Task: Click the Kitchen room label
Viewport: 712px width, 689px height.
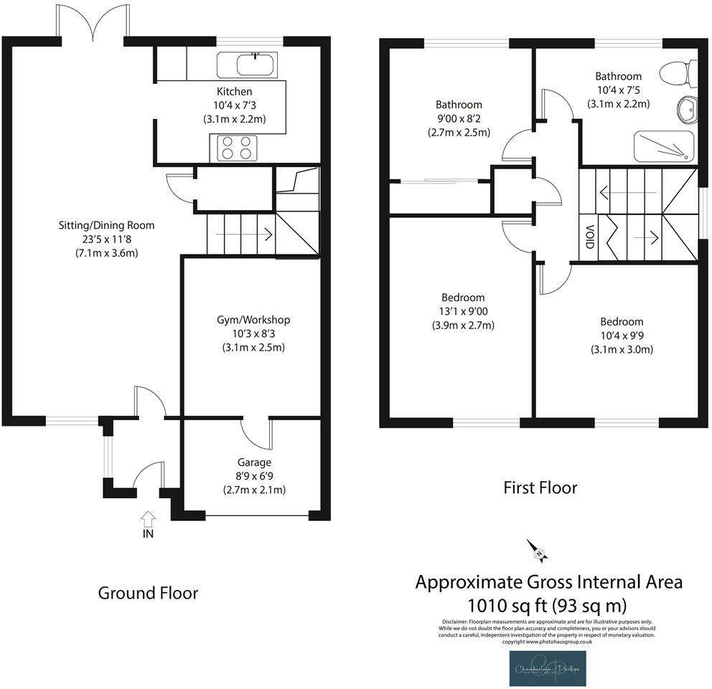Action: (x=235, y=92)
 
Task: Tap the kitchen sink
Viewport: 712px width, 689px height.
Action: (x=245, y=65)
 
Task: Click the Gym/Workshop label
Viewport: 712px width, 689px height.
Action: (x=254, y=320)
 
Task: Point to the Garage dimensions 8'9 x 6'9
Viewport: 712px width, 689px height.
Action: (x=254, y=476)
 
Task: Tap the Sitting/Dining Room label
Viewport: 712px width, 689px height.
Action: (x=106, y=225)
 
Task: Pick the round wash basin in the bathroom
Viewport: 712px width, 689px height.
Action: (x=686, y=110)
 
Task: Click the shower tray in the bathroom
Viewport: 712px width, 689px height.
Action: (x=663, y=146)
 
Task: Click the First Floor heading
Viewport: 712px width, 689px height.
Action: (x=540, y=488)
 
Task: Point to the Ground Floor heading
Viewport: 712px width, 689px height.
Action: (x=148, y=593)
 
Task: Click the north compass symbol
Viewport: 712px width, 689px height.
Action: (x=538, y=551)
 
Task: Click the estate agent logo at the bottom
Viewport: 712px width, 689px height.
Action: (x=548, y=668)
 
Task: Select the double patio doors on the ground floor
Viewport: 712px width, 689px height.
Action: (x=91, y=22)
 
